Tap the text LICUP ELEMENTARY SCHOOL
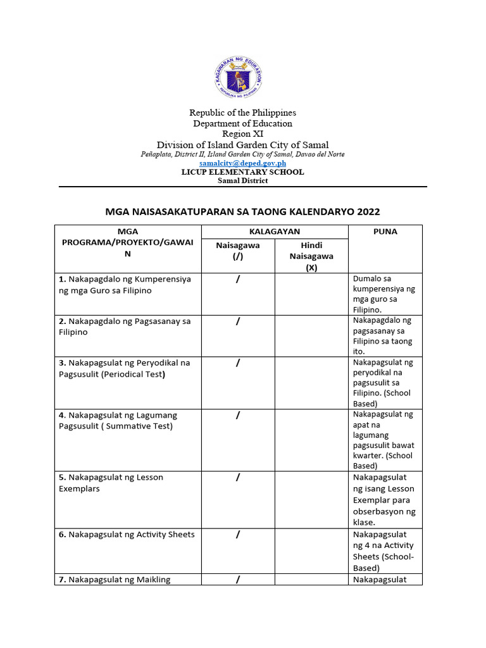[x=242, y=172]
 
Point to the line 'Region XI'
[x=242, y=134]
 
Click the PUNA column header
[x=385, y=232]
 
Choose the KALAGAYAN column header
[x=274, y=232]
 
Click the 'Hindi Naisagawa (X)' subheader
[x=311, y=256]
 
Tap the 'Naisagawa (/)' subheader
[x=237, y=251]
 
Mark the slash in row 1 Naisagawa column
[x=237, y=279]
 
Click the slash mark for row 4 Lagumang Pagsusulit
[x=237, y=415]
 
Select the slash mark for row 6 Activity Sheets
[x=237, y=534]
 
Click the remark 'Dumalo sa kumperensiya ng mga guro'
[x=384, y=294]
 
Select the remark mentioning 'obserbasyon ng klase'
[x=384, y=500]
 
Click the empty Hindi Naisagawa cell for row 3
[x=311, y=383]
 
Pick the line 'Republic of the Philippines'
[x=242, y=113]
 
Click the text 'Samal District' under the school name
[x=242, y=181]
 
